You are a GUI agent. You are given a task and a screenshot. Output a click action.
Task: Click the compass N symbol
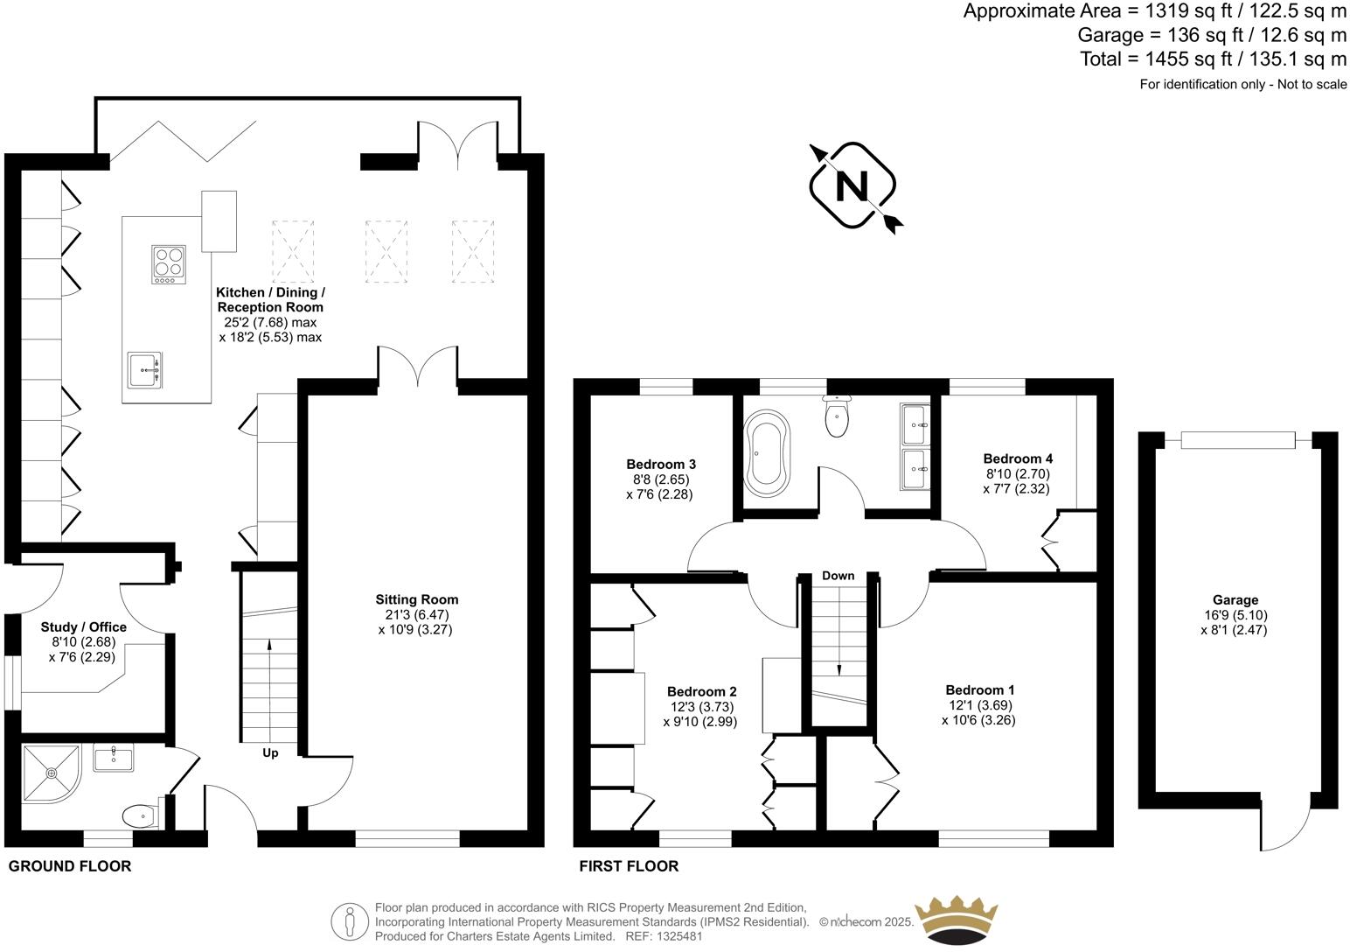852,185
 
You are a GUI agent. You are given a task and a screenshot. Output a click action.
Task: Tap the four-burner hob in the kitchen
169,264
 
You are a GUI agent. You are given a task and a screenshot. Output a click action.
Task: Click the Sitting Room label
416,599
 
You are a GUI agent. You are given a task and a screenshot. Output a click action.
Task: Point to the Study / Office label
84,626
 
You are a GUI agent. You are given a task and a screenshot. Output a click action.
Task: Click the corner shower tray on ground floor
51,773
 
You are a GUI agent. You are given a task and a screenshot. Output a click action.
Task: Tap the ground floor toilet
140,816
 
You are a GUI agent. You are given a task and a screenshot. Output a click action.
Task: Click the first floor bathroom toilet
837,416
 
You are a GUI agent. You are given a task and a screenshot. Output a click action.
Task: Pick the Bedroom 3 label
661,464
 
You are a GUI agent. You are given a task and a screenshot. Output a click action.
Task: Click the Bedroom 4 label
1018,458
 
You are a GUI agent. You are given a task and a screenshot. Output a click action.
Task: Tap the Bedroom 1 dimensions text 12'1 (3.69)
978,705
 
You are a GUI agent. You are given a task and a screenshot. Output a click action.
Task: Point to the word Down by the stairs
838,576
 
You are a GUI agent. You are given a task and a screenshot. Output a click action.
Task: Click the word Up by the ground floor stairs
270,752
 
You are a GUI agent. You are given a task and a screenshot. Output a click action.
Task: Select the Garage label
1235,599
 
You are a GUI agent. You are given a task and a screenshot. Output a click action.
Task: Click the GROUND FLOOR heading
70,866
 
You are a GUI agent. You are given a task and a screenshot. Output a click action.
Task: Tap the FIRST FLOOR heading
629,866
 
